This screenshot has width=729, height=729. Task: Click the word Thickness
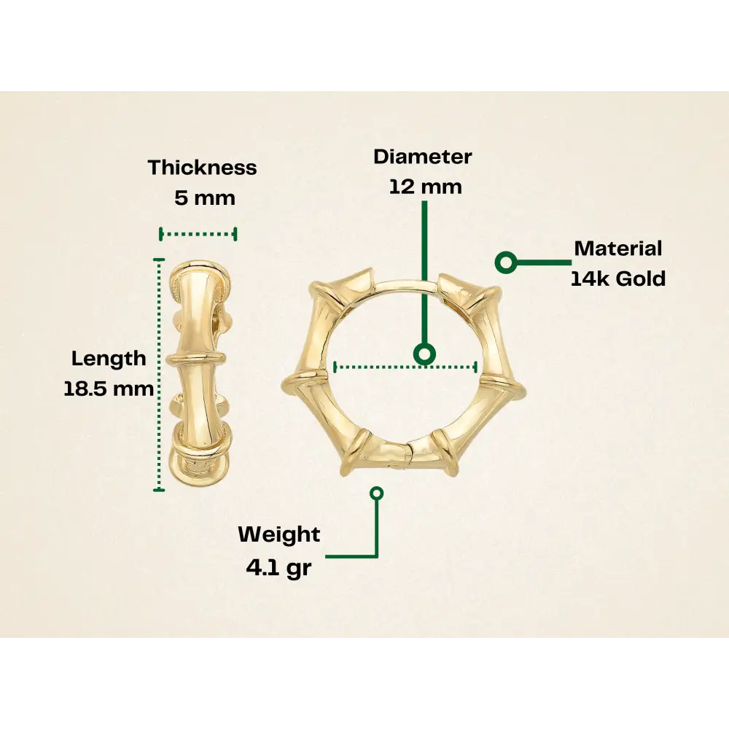(x=202, y=168)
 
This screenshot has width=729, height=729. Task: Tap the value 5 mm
(x=205, y=198)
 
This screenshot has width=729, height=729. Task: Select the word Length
(x=109, y=359)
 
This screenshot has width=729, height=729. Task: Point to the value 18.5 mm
(x=109, y=389)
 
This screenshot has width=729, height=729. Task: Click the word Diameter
(x=423, y=157)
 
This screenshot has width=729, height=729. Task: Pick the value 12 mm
(x=425, y=187)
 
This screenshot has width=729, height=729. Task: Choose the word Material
(x=617, y=249)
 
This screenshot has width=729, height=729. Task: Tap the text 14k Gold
(x=617, y=278)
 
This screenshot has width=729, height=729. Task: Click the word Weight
(x=278, y=534)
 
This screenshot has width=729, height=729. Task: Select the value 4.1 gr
(x=278, y=567)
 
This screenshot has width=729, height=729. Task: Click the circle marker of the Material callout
(x=505, y=262)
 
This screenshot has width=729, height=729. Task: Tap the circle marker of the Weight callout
(x=377, y=494)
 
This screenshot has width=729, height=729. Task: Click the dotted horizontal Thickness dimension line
(x=198, y=234)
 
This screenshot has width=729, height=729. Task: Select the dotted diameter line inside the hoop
(x=379, y=367)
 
